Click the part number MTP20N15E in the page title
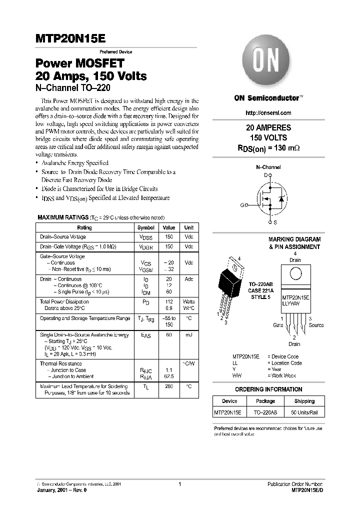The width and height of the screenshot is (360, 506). (x=70, y=39)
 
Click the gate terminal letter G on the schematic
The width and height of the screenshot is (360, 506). (x=242, y=205)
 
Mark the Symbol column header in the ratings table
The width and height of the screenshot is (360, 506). (x=145, y=227)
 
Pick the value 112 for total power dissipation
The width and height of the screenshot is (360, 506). (x=169, y=302)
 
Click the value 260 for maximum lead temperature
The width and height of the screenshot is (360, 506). (x=169, y=386)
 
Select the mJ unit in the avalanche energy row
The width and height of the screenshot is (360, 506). (x=188, y=335)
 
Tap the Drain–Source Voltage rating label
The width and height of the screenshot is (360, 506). (x=63, y=237)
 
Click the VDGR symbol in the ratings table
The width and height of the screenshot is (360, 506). (x=145, y=247)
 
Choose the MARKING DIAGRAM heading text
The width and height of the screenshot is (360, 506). (x=294, y=239)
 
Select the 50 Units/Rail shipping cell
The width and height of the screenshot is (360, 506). (x=304, y=412)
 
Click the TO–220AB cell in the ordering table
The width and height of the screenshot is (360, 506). (x=265, y=412)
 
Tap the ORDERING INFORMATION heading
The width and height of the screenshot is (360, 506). (x=268, y=389)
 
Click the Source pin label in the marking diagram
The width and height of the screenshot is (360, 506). (x=315, y=325)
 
